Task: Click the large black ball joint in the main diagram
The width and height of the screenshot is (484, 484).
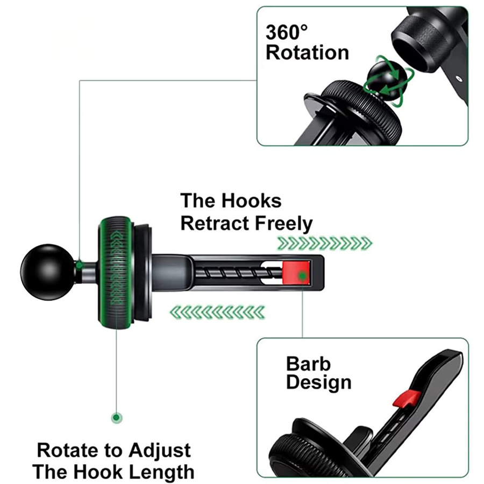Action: click(47, 272)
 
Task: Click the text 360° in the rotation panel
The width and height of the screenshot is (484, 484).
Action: click(287, 32)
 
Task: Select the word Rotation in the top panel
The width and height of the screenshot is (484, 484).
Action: click(307, 53)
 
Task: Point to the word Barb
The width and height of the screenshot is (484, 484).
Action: click(308, 364)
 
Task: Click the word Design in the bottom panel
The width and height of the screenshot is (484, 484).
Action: click(318, 383)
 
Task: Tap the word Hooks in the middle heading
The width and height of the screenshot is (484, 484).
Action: click(251, 201)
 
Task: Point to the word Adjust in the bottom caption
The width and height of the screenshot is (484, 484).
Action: click(160, 451)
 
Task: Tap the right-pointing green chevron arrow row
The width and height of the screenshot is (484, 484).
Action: click(325, 243)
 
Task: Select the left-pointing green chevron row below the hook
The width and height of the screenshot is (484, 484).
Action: click(218, 312)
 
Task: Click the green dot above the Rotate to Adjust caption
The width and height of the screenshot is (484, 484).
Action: click(116, 418)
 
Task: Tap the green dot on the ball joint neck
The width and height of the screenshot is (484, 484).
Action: click(80, 265)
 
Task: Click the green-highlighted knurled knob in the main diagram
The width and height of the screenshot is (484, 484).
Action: click(116, 272)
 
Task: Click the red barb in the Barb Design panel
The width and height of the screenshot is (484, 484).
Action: click(407, 398)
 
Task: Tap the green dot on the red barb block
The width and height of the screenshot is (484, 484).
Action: click(303, 275)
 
